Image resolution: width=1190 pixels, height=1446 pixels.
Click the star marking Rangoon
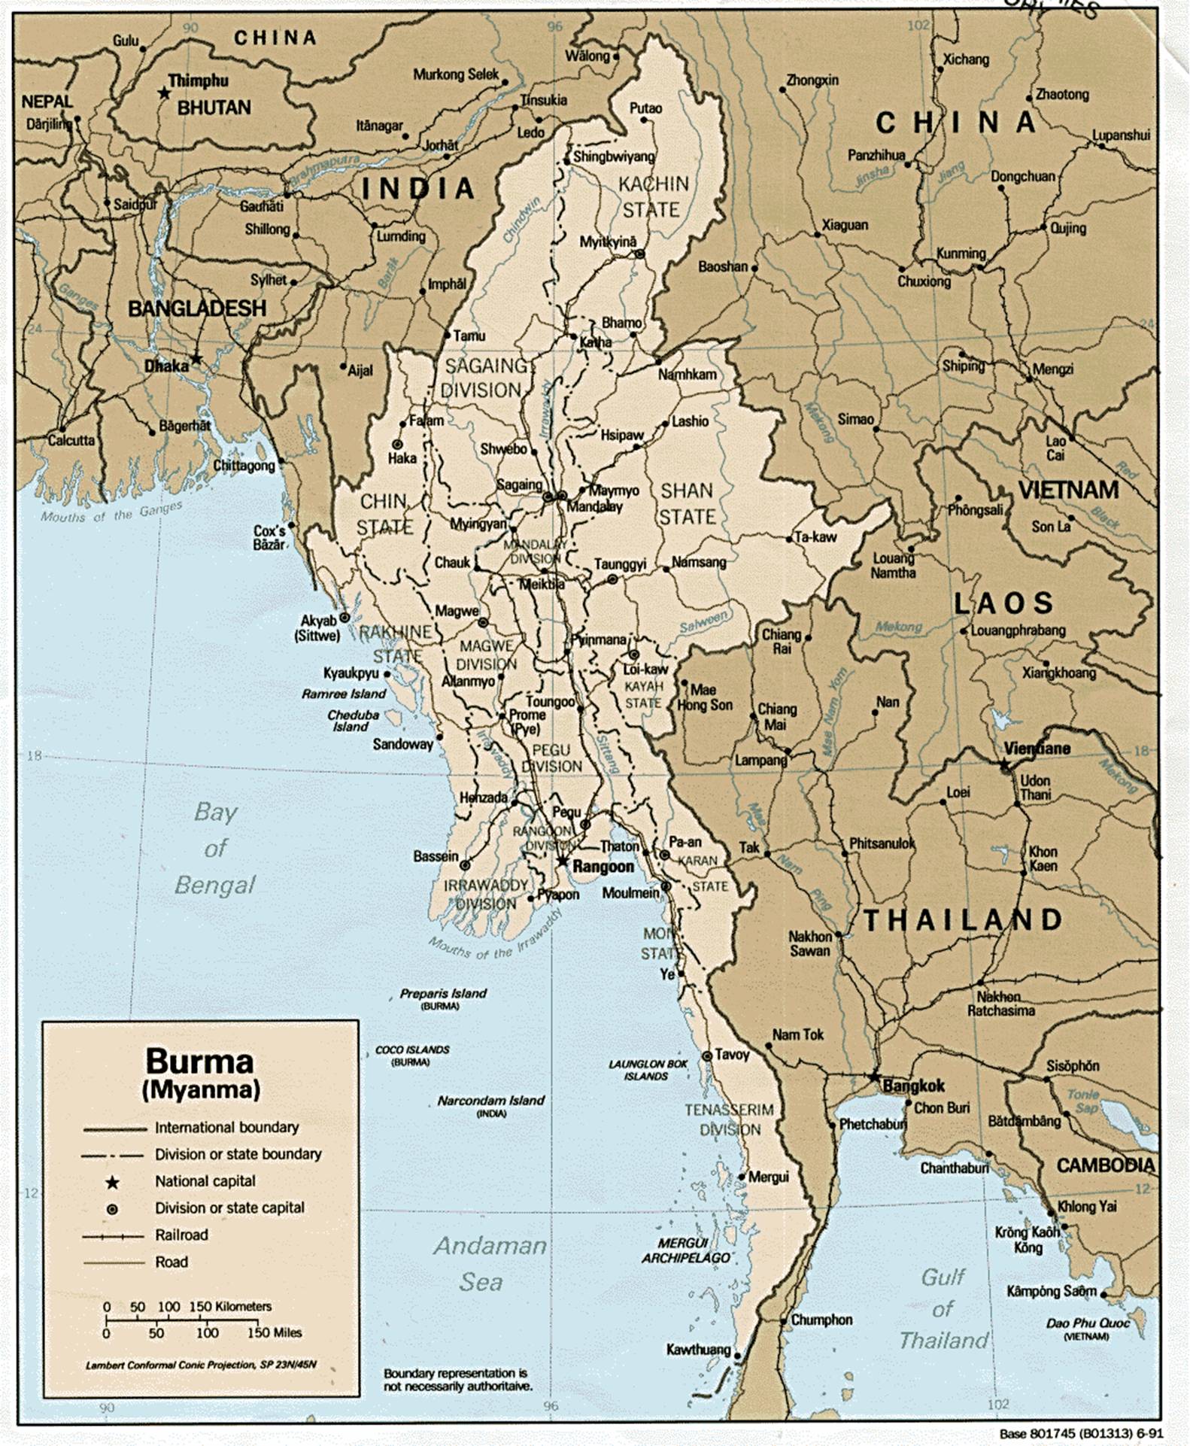[x=563, y=861]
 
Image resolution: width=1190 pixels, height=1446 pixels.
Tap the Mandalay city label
[x=594, y=506]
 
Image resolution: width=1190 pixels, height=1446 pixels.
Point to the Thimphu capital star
[x=164, y=93]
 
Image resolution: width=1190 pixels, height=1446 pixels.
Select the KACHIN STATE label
[x=652, y=196]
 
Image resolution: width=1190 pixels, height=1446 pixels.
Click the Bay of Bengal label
[x=215, y=849]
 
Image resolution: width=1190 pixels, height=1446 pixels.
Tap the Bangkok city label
[x=913, y=1086]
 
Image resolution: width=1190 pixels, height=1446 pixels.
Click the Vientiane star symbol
[x=1005, y=764]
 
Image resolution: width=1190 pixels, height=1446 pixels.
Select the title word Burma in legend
[x=199, y=1062]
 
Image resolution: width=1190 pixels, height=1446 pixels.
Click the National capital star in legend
[x=112, y=1183]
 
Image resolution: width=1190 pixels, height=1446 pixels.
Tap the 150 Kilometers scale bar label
[x=229, y=1307]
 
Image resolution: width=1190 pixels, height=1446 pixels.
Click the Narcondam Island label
[x=490, y=1101]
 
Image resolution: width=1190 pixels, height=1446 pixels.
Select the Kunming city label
[x=961, y=254]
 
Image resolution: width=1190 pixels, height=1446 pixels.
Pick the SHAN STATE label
[x=686, y=504]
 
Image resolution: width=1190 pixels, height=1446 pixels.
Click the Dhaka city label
[x=166, y=366]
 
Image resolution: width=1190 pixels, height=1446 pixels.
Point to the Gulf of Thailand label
[x=943, y=1310]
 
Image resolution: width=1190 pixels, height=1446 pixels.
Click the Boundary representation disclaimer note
[x=457, y=1379]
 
